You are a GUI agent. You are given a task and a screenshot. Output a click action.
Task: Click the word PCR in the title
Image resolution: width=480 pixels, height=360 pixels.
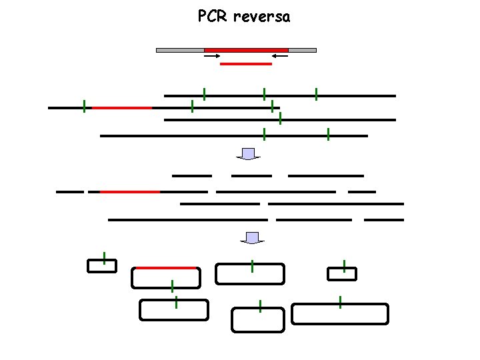pyautogui.click(x=213, y=16)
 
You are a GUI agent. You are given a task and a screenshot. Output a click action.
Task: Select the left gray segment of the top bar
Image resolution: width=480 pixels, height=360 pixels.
pyautogui.click(x=180, y=50)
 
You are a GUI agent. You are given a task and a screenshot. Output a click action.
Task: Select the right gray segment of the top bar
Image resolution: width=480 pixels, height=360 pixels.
pyautogui.click(x=302, y=50)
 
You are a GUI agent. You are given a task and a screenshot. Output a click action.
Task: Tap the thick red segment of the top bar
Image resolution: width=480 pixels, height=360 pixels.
pyautogui.click(x=246, y=50)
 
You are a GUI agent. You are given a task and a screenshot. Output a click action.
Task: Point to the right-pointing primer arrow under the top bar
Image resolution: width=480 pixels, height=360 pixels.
pyautogui.click(x=212, y=57)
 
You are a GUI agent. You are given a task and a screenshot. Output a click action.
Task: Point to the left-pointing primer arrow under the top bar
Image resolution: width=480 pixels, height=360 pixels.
pyautogui.click(x=280, y=57)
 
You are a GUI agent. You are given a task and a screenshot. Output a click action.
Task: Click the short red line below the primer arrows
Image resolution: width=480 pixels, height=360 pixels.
pyautogui.click(x=246, y=64)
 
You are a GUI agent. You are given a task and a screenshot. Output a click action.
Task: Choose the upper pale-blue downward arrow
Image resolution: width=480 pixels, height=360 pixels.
pyautogui.click(x=249, y=154)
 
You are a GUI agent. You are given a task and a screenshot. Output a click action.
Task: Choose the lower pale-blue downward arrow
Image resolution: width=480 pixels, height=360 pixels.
pyautogui.click(x=252, y=238)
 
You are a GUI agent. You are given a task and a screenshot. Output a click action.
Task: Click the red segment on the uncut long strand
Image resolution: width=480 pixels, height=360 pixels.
pyautogui.click(x=121, y=107)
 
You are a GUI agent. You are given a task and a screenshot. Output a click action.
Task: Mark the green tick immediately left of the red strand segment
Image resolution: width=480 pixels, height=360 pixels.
pyautogui.click(x=84, y=107)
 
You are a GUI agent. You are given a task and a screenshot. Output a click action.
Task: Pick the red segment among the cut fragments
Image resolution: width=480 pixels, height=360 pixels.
pyautogui.click(x=130, y=192)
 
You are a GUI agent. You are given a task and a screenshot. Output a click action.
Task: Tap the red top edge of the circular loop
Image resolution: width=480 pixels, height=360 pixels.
pyautogui.click(x=166, y=268)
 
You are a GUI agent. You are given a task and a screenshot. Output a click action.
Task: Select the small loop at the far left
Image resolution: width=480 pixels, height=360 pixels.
pyautogui.click(x=102, y=266)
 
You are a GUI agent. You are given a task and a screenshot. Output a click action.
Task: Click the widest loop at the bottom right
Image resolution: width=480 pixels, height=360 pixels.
pyautogui.click(x=340, y=314)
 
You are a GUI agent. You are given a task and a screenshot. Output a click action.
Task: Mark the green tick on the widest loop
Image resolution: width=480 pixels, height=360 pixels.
pyautogui.click(x=340, y=301)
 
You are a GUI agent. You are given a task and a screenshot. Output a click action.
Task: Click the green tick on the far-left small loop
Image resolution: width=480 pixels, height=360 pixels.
pyautogui.click(x=105, y=259)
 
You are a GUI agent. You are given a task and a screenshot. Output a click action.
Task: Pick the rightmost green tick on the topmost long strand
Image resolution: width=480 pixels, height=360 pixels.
pyautogui.click(x=316, y=95)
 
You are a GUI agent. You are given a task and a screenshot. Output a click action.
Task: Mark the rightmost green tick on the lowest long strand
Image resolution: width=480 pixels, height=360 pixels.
pyautogui.click(x=328, y=135)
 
